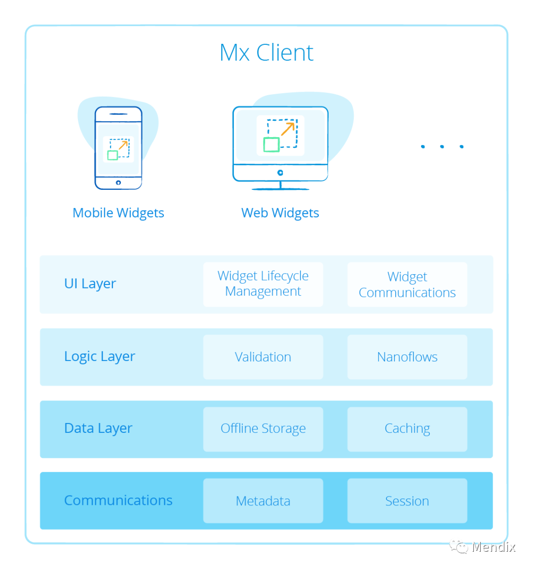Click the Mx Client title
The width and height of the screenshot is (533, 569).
coord(266,53)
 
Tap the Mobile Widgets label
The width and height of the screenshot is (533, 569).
coord(118,213)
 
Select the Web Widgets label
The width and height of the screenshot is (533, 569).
coord(280,213)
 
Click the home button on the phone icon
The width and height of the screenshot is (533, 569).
coord(118,183)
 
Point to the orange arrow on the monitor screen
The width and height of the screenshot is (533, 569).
coord(287,129)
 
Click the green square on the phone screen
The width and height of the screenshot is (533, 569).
coord(113,155)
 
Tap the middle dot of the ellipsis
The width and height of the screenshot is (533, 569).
coord(442,146)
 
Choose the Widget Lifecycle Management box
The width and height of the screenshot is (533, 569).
coord(263,284)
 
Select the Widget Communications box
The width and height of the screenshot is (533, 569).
coord(407,284)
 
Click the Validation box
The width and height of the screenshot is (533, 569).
coord(263,357)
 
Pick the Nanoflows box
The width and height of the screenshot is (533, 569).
coord(407,357)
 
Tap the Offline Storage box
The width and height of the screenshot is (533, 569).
coord(263,429)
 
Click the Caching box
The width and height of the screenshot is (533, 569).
coord(407,429)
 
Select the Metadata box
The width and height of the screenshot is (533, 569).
coord(263,501)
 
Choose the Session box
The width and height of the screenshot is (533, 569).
coord(407,501)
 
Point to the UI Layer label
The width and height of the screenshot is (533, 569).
coord(90,284)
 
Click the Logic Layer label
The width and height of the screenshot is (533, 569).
coord(100,356)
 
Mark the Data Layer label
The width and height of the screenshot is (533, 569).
coord(98,428)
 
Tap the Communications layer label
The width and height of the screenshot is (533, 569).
coord(118,500)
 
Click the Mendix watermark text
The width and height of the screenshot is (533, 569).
coord(493,547)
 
